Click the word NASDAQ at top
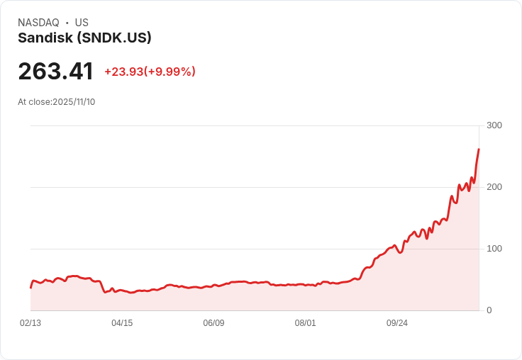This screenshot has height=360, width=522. [x=38, y=23]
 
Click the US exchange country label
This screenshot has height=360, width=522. [x=82, y=23]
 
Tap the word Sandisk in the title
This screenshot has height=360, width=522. [x=45, y=38]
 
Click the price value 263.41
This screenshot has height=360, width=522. [x=55, y=72]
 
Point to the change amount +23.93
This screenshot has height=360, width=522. [x=123, y=72]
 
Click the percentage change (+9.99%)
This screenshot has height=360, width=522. [x=170, y=72]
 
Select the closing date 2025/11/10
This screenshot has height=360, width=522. [x=74, y=102]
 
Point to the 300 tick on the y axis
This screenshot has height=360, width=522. [x=494, y=125]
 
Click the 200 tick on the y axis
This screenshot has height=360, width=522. [x=494, y=187]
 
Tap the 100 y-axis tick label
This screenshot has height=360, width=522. [x=494, y=249]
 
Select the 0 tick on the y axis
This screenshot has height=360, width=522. [x=489, y=310]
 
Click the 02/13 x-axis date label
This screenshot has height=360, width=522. [x=30, y=323]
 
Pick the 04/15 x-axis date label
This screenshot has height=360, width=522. [x=122, y=323]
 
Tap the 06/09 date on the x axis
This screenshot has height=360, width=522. [x=213, y=323]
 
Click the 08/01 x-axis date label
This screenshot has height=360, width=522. [x=305, y=323]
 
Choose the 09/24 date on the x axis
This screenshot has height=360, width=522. [x=396, y=323]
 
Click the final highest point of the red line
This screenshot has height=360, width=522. [x=479, y=150]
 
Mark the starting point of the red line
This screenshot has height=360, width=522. [x=30, y=287]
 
